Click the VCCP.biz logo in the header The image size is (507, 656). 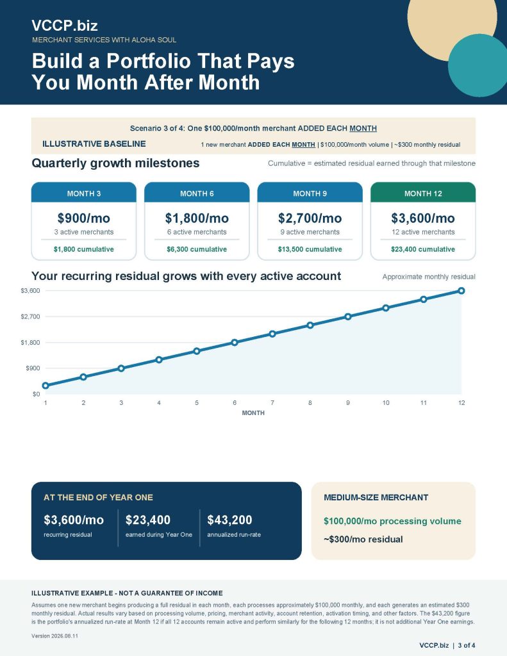click(x=65, y=26)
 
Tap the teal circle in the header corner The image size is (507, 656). click(x=478, y=65)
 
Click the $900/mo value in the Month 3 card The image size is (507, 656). click(x=84, y=218)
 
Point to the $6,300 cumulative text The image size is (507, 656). click(x=197, y=249)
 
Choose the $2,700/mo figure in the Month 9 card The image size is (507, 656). click(x=310, y=218)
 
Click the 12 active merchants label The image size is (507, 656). click(x=423, y=232)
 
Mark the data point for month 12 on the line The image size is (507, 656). click(x=461, y=291)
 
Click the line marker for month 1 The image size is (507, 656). click(x=46, y=385)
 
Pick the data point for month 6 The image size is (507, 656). click(x=235, y=342)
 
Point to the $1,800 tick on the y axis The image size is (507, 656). click(x=30, y=343)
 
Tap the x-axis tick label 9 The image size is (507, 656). click(x=348, y=403)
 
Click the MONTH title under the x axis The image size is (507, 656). click(x=253, y=413)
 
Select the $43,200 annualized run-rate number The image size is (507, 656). click(x=229, y=520)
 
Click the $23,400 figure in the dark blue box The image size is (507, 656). click(x=148, y=520)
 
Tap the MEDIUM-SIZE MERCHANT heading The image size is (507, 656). click(x=376, y=497)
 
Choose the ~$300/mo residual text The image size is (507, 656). click(x=363, y=539)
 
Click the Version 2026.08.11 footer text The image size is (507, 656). click(x=54, y=636)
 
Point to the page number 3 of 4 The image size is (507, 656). click(x=467, y=646)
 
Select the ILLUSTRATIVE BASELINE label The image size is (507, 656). click(x=94, y=144)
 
